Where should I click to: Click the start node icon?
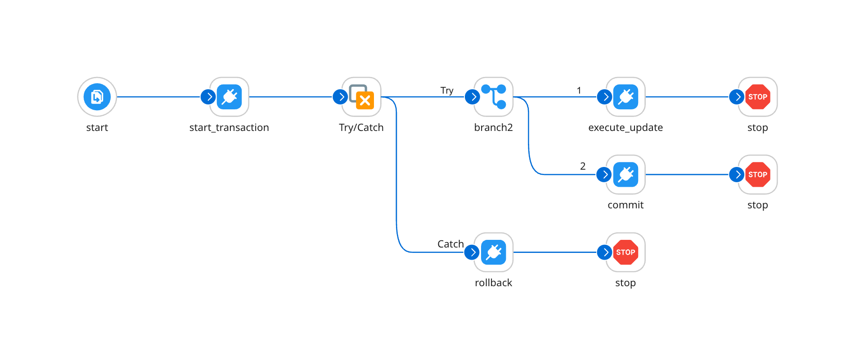click(x=97, y=97)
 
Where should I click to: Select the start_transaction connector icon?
click(x=229, y=97)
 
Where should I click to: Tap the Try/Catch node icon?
click(x=361, y=97)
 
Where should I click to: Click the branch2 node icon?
click(x=494, y=97)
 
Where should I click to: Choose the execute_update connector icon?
click(x=625, y=97)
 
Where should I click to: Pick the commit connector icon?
click(x=625, y=175)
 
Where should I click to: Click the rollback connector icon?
click(x=494, y=252)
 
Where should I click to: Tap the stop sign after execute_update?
click(x=758, y=97)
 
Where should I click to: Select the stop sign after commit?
click(x=758, y=175)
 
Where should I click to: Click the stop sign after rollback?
click(x=625, y=252)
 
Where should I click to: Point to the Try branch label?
click(x=447, y=90)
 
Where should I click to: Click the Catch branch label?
click(x=450, y=244)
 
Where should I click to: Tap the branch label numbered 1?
click(x=579, y=90)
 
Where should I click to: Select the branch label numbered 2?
click(x=583, y=166)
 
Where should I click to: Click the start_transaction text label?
click(x=229, y=128)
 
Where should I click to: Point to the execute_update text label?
click(x=625, y=128)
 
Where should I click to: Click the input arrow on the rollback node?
click(x=472, y=252)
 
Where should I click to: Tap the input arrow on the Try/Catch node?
click(x=340, y=97)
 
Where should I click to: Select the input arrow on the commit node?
click(x=604, y=175)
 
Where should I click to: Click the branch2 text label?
click(x=493, y=128)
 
